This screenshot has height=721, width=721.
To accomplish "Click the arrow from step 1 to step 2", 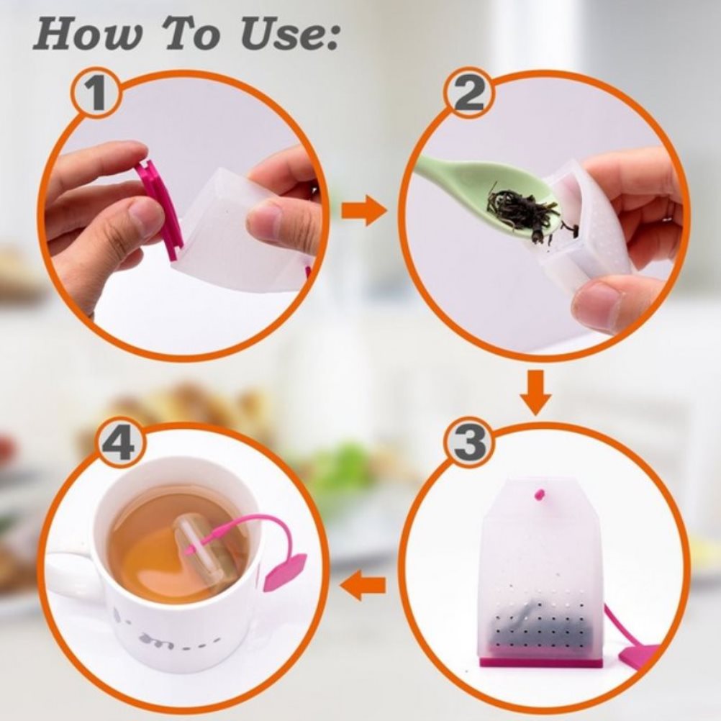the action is (363, 210).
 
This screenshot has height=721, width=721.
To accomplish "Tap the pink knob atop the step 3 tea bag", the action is (540, 495).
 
